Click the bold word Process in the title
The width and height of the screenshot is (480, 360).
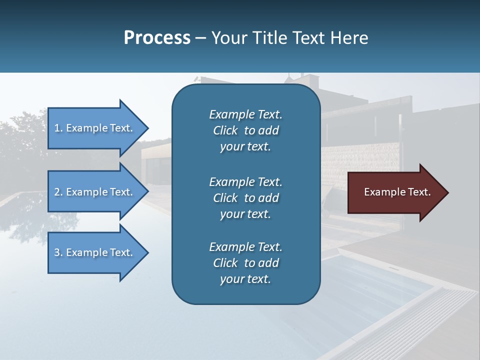point(157,38)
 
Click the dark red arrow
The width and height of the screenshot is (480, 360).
point(395,192)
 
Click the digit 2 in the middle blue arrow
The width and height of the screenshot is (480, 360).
point(57,192)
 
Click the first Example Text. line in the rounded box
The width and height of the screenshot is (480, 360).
point(245,114)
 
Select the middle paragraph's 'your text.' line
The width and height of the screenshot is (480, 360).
point(245,214)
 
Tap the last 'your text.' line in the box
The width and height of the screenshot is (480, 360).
point(245,279)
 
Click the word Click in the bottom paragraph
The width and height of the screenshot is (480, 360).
point(225,263)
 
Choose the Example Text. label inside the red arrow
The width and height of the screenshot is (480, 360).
point(397,192)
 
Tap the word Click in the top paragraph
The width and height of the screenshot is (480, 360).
point(225,130)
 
